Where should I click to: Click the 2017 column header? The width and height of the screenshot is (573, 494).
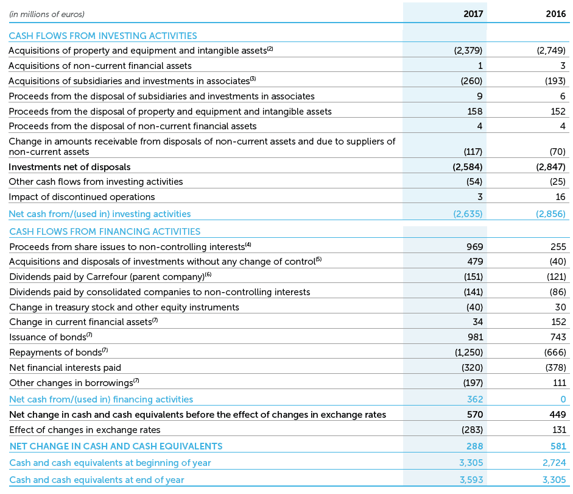click(x=473, y=13)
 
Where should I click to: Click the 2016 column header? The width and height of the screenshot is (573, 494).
click(x=555, y=13)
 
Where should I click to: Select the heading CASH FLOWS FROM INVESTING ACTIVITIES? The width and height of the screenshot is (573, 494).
click(x=103, y=36)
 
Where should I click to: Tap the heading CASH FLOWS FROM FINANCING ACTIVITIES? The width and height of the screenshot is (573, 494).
click(x=105, y=232)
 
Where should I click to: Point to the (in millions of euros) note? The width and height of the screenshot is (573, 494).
click(x=47, y=13)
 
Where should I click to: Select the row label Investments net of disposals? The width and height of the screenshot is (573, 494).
click(x=69, y=166)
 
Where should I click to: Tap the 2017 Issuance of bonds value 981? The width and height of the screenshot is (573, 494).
click(x=474, y=337)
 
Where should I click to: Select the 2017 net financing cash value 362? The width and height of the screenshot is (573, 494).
click(x=475, y=399)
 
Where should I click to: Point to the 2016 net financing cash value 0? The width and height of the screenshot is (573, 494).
click(x=563, y=399)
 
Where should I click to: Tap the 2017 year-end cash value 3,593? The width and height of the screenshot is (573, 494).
click(x=470, y=480)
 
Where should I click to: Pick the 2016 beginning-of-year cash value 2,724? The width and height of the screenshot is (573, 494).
click(x=554, y=463)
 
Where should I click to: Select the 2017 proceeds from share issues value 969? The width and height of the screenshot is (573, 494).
click(x=474, y=247)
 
